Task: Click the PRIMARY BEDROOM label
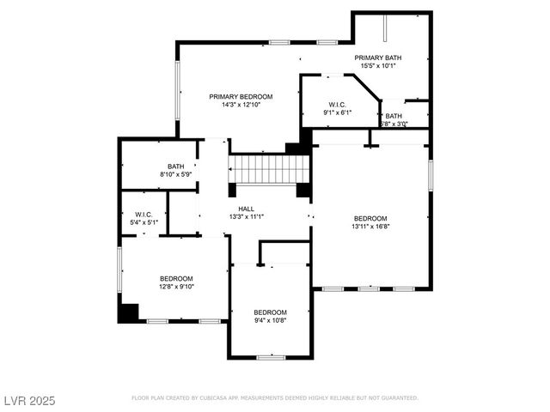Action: click(241, 96)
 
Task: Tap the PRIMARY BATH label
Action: click(380, 58)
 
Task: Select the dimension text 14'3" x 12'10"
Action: click(241, 105)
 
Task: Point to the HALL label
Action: click(247, 209)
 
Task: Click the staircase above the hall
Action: click(266, 169)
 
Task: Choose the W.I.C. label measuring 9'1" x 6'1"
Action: click(337, 103)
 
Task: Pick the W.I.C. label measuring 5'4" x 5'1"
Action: click(144, 215)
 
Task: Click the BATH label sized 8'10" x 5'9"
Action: click(175, 167)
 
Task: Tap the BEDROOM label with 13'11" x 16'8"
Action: click(370, 218)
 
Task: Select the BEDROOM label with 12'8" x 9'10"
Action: click(176, 278)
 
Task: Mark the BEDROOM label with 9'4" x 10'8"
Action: click(270, 312)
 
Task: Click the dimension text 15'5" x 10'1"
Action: click(380, 66)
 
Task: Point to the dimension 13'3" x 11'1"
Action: click(247, 217)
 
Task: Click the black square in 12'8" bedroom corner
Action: click(129, 313)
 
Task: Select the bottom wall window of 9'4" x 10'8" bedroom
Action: click(271, 357)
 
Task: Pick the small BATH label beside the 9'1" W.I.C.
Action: click(394, 116)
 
